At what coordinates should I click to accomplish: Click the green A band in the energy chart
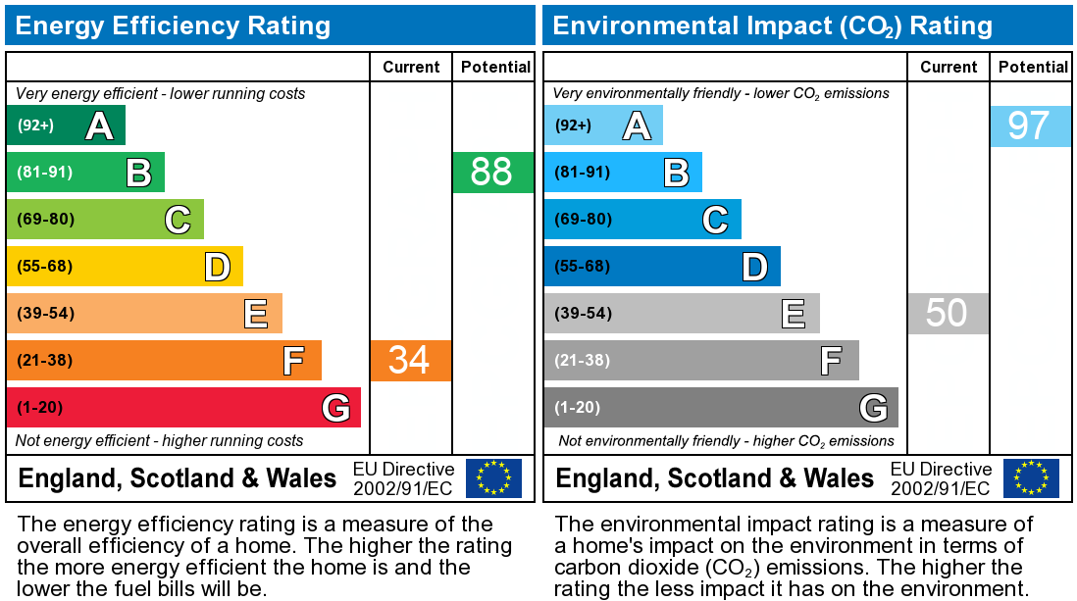tap(66, 125)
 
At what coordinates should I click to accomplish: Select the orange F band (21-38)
tap(164, 361)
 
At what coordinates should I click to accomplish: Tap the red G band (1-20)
tap(183, 408)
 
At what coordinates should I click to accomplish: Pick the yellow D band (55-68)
tap(125, 267)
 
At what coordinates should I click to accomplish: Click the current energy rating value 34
tap(410, 361)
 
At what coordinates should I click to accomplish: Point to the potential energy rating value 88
tap(492, 173)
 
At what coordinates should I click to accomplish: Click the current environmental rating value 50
tap(947, 314)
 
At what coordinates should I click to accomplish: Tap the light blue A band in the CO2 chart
tap(603, 125)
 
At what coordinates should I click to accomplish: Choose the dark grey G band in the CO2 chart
tap(721, 408)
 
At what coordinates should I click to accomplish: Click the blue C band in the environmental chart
tap(642, 220)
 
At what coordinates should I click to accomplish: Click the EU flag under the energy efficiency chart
tap(493, 478)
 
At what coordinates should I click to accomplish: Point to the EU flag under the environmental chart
tap(1031, 478)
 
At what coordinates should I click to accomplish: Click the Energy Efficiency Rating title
tap(174, 25)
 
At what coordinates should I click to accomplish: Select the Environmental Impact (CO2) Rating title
tap(773, 25)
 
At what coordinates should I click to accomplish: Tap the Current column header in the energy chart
tap(411, 67)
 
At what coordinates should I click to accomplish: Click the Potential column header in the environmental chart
tap(1033, 67)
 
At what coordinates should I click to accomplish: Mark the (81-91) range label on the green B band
tap(45, 173)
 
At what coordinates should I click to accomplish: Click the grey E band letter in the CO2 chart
tap(793, 314)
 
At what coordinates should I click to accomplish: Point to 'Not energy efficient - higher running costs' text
tap(160, 441)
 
